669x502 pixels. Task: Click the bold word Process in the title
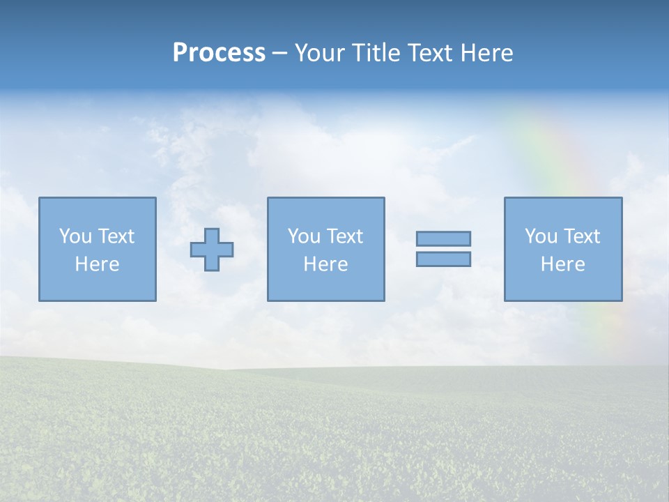[219, 53]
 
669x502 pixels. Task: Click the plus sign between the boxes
[212, 250]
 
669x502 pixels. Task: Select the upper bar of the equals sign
[443, 238]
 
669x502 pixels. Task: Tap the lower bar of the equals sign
[443, 259]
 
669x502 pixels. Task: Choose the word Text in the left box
[116, 236]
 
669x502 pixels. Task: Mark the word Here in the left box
[97, 264]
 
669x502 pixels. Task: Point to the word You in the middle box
[305, 236]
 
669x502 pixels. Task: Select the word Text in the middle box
[344, 236]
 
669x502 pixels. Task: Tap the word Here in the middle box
[325, 264]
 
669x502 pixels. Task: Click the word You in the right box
[541, 236]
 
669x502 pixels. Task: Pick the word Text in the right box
[581, 236]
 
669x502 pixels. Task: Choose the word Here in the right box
[562, 264]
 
